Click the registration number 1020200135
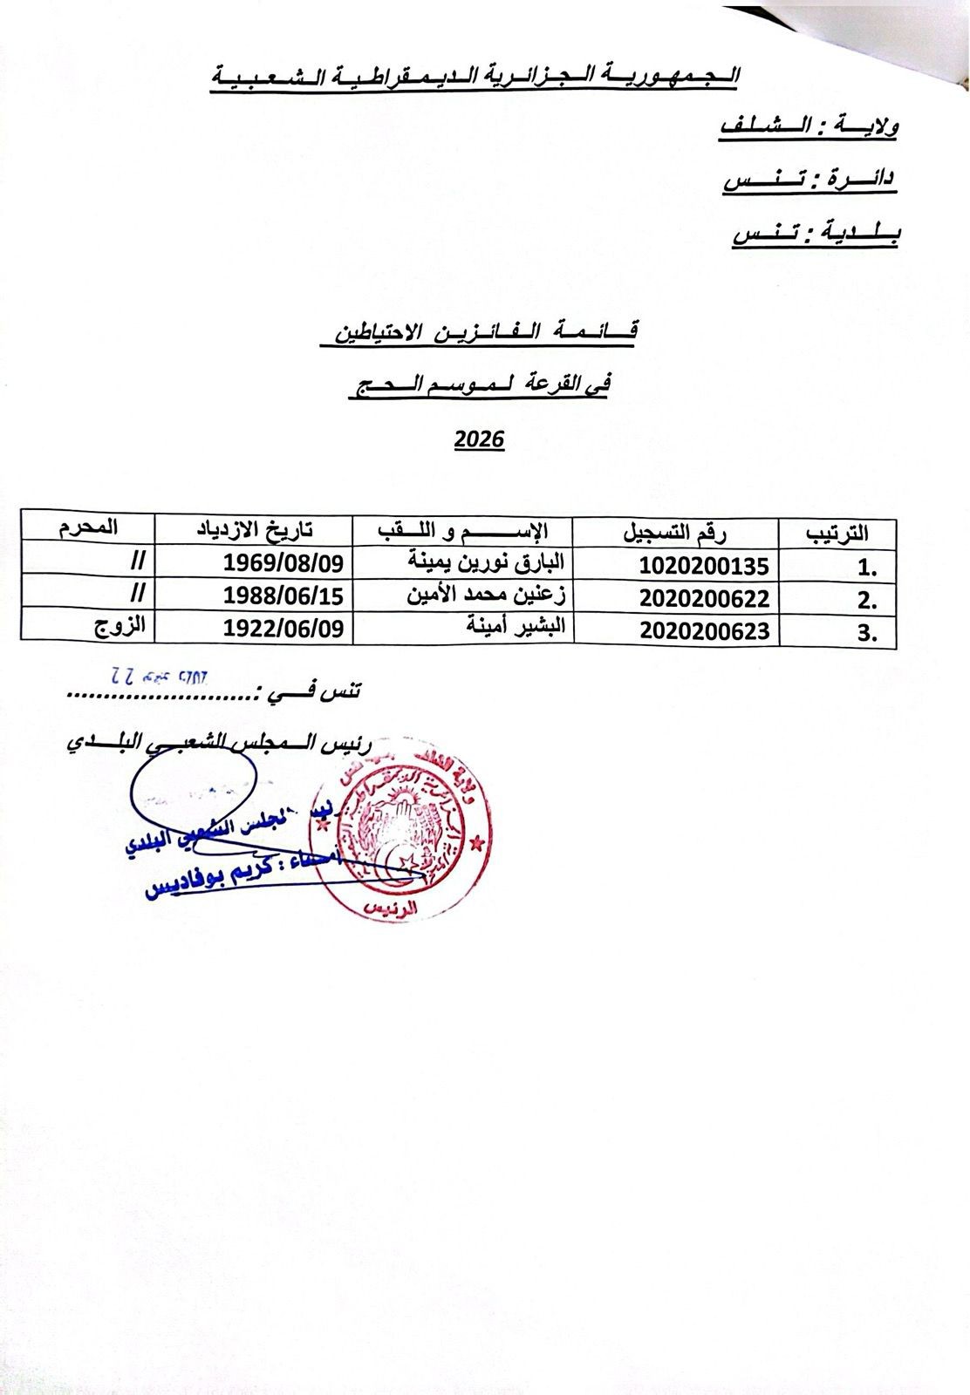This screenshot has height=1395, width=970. [704, 566]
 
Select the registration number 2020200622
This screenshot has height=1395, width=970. [704, 598]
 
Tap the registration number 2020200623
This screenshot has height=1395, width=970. [704, 630]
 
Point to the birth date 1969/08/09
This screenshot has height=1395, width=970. [283, 561]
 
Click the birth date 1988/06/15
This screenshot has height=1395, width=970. [283, 595]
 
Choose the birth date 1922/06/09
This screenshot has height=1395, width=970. [283, 628]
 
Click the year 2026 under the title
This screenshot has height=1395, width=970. [479, 439]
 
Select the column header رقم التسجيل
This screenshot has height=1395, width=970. [675, 530]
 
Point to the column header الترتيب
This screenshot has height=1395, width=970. [835, 532]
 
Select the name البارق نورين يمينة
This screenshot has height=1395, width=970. [488, 560]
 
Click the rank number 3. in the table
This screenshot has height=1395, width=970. [866, 633]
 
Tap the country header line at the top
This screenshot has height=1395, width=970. [475, 77]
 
